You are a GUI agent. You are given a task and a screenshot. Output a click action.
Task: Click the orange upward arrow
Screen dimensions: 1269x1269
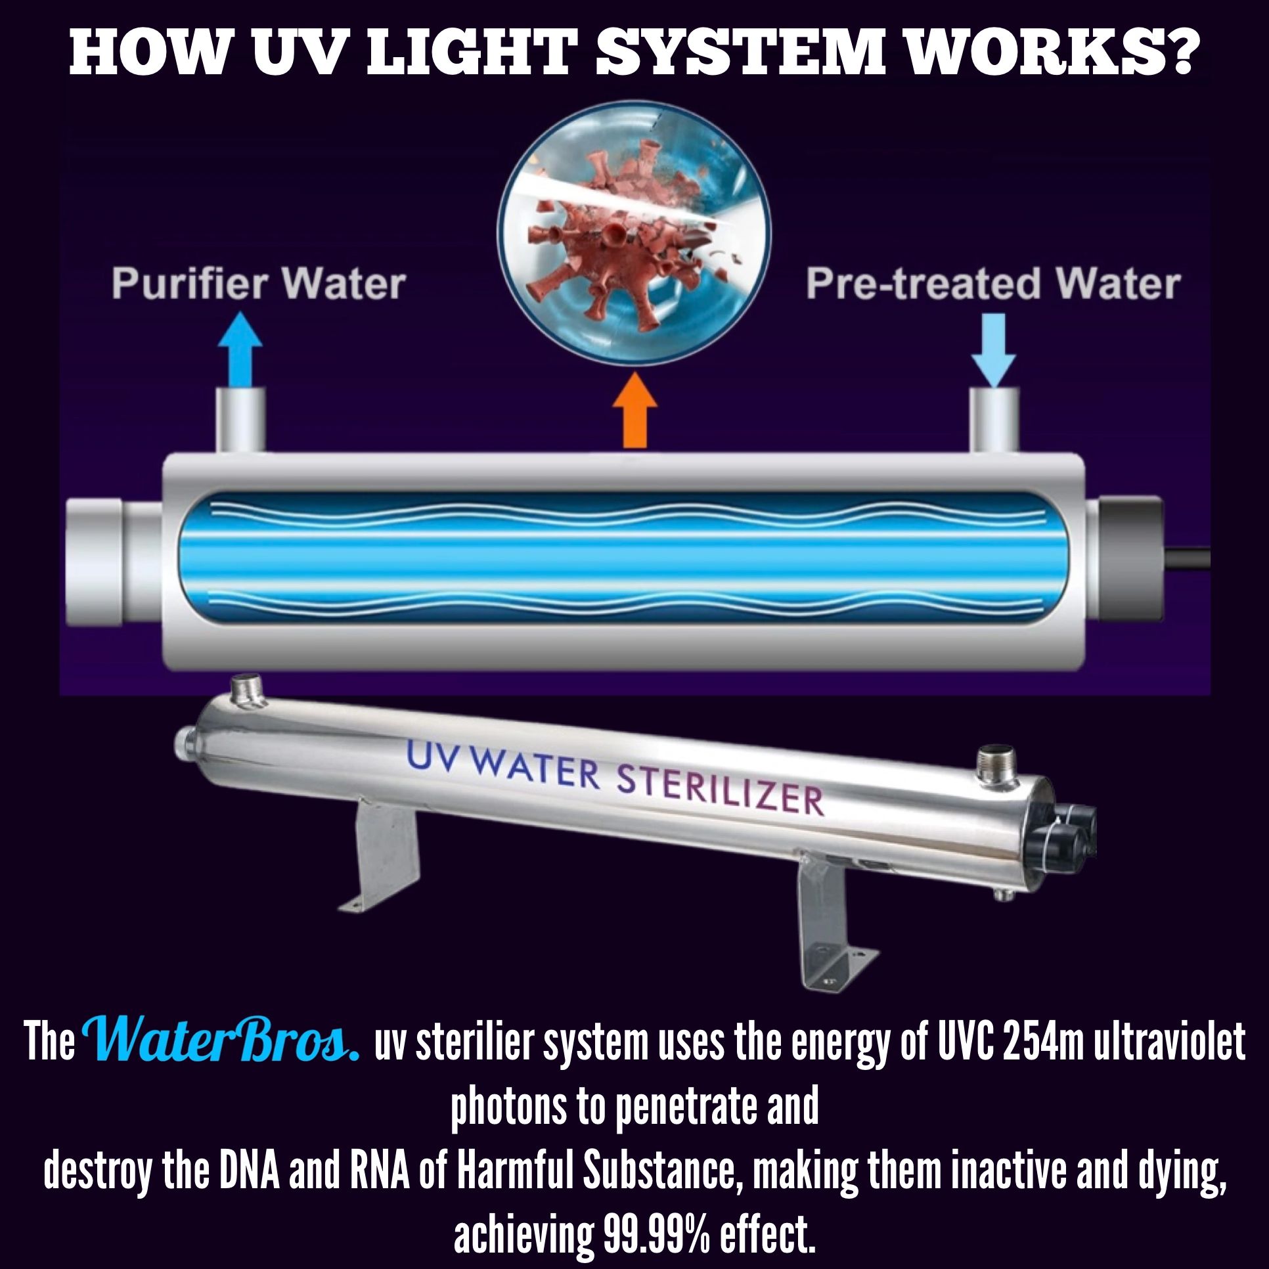[x=634, y=411]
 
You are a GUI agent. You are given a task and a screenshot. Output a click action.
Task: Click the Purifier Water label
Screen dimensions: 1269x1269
[x=258, y=284]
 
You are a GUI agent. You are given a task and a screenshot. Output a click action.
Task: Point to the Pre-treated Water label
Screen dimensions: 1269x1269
[x=993, y=284]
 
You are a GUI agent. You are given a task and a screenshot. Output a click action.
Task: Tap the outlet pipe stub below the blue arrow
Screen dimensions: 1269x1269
[x=240, y=420]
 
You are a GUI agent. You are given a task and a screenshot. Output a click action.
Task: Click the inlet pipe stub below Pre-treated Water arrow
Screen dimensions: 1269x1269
[x=994, y=420]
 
